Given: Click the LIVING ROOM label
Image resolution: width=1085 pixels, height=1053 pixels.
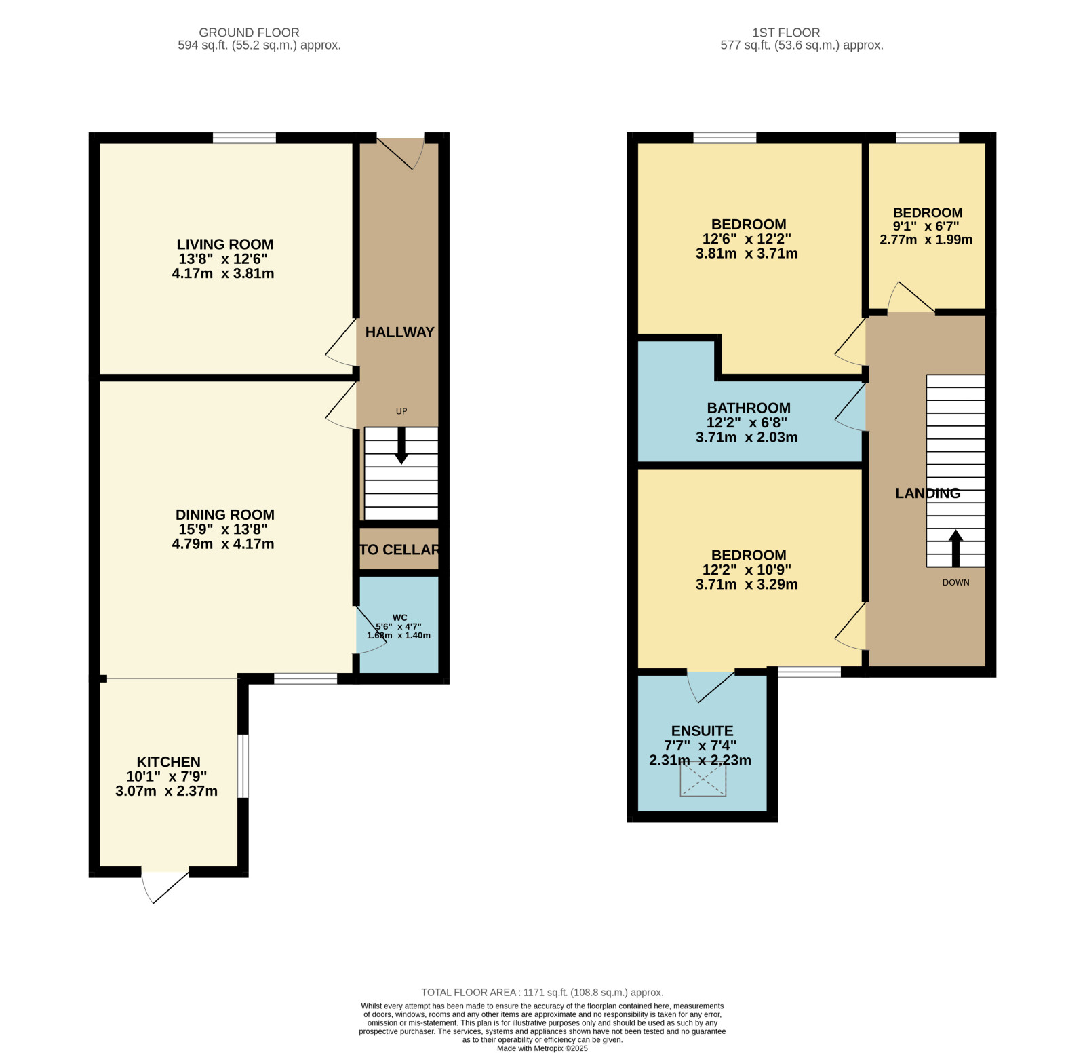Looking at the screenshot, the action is click(225, 244).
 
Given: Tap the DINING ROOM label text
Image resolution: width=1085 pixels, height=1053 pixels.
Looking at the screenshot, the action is click(225, 515).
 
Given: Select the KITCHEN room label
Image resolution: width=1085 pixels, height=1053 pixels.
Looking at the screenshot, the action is click(169, 762).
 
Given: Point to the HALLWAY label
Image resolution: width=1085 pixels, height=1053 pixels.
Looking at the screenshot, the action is click(399, 332).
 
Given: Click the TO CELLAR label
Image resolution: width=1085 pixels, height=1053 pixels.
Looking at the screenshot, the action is click(399, 550).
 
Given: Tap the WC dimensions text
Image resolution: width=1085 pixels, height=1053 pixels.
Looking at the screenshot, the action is click(399, 631).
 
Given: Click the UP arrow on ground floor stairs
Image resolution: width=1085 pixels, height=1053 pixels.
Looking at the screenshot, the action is click(401, 446).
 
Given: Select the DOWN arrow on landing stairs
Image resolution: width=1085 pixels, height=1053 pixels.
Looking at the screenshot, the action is click(955, 548).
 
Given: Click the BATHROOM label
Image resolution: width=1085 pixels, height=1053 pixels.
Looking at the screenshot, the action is click(749, 408).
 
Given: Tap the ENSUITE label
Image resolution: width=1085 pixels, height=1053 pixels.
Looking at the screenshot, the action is click(702, 731).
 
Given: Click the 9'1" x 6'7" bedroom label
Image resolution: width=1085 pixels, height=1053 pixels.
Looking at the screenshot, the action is click(927, 226).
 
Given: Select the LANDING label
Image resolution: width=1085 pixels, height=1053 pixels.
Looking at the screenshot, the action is click(928, 493).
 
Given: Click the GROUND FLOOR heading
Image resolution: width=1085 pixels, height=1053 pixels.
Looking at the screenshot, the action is click(249, 33).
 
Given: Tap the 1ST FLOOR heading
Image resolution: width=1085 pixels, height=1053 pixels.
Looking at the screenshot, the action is click(786, 33).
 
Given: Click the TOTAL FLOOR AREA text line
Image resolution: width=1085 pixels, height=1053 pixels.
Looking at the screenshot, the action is click(542, 992).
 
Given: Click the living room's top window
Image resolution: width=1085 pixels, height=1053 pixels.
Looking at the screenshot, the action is click(244, 138).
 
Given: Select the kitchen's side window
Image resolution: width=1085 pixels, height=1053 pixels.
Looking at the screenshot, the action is click(243, 766).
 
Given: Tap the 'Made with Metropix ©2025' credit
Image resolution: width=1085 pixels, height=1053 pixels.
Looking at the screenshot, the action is click(542, 1048).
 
